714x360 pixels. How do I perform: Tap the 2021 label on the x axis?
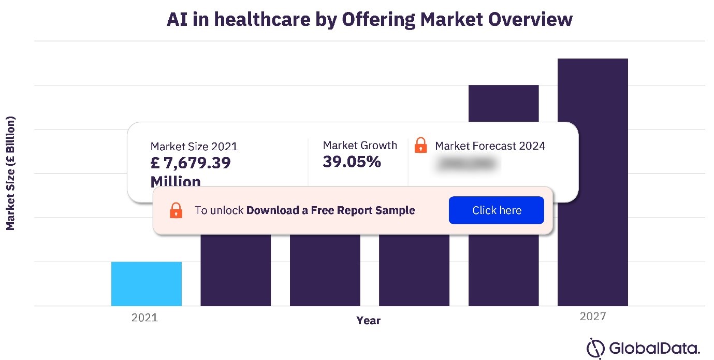pyautogui.click(x=144, y=318)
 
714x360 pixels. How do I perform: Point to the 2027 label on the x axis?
pyautogui.click(x=593, y=316)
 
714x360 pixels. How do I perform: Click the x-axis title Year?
pyautogui.click(x=368, y=321)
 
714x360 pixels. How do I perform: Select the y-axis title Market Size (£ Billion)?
pyautogui.click(x=10, y=174)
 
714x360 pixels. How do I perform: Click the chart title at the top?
pyautogui.click(x=369, y=20)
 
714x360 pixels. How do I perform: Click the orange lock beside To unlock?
pyautogui.click(x=176, y=210)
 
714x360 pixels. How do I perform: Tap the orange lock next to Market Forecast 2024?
pyautogui.click(x=421, y=146)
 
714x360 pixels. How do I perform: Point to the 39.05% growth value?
pyautogui.click(x=352, y=162)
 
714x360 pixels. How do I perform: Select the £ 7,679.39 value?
pyautogui.click(x=191, y=163)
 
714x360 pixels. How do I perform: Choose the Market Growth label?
pyautogui.click(x=360, y=146)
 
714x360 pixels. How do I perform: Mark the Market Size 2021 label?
pyautogui.click(x=194, y=147)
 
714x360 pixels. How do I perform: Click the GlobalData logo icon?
pyautogui.click(x=595, y=348)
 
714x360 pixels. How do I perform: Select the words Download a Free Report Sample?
pyautogui.click(x=330, y=210)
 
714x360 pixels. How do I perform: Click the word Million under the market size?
pyautogui.click(x=176, y=181)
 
